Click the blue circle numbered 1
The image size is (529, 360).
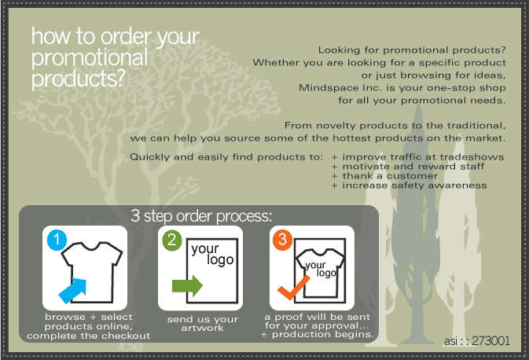pyautogui.click(x=57, y=240)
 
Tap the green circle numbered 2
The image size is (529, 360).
pyautogui.click(x=171, y=241)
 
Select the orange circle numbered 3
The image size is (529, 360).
pyautogui.click(x=282, y=240)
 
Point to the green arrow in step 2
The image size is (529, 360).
pyautogui.click(x=187, y=286)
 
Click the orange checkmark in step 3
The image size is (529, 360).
pyautogui.click(x=293, y=287)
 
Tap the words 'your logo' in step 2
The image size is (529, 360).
pyautogui.click(x=212, y=254)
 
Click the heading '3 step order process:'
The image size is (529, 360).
pyautogui.click(x=201, y=216)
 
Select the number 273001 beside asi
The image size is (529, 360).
pyautogui.click(x=490, y=341)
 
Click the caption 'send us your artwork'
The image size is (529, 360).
pyautogui.click(x=203, y=323)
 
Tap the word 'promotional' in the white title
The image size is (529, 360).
pyautogui.click(x=90, y=57)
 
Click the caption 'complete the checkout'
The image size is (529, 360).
pyautogui.click(x=88, y=336)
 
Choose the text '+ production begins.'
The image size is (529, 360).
pyautogui.click(x=318, y=334)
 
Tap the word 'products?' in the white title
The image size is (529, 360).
pyautogui.click(x=79, y=79)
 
